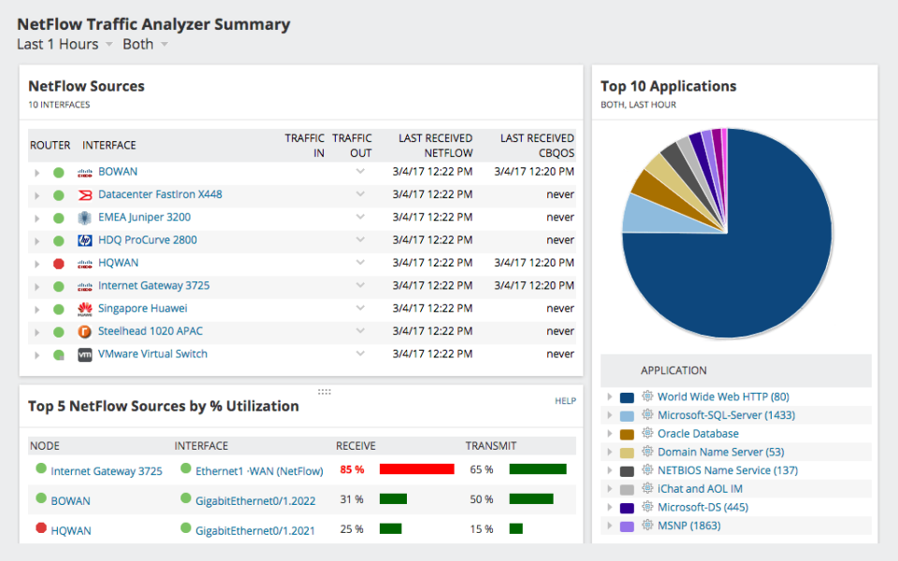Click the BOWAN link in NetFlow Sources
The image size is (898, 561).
coord(117,172)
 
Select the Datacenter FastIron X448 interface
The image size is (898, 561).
coord(159,194)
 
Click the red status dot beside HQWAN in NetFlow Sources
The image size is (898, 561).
coord(58,264)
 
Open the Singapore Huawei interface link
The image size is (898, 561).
coord(142,309)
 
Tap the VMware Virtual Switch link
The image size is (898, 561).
coord(152,354)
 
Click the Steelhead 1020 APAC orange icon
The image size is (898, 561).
coord(85,332)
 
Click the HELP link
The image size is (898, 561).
coord(565,401)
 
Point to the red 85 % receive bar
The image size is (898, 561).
coord(416,469)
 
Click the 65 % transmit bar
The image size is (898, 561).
coord(537,469)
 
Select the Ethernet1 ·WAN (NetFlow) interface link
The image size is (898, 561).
coord(259,471)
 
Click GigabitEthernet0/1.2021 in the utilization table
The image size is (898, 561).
coord(254,530)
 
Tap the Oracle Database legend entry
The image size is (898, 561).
coord(698,434)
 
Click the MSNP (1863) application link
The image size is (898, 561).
coord(688,525)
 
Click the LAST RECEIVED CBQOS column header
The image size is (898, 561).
coord(537,145)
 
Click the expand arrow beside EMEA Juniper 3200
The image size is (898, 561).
coord(37,218)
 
